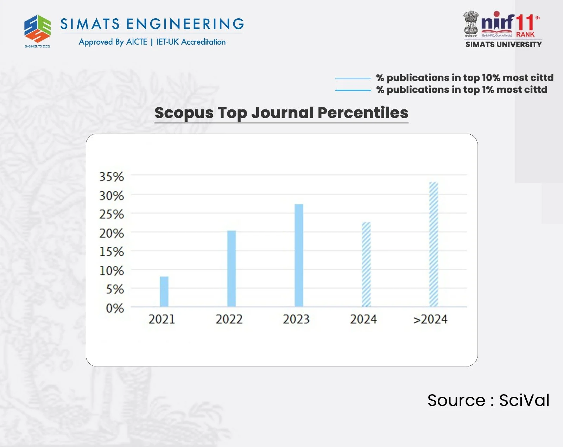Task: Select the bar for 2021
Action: coord(164,292)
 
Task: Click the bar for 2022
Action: coord(231,269)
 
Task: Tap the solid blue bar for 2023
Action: coord(299,255)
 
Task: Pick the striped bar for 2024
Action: coord(366,264)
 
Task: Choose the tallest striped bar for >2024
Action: coord(434,244)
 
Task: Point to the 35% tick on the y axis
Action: coord(112,177)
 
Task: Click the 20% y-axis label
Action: coord(112,233)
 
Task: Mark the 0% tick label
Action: coord(115,308)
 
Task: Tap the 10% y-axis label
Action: coord(112,271)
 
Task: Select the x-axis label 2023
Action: coord(296,319)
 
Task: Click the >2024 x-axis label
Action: coord(430,319)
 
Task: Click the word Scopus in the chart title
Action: coord(184,113)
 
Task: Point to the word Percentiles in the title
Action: coord(363,113)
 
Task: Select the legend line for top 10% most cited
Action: coord(353,78)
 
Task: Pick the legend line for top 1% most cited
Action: coord(353,90)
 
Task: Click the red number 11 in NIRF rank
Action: coord(525,23)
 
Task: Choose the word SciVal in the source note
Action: coord(524,400)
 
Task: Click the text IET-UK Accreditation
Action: coord(191,42)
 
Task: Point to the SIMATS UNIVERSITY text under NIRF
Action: coord(504,44)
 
